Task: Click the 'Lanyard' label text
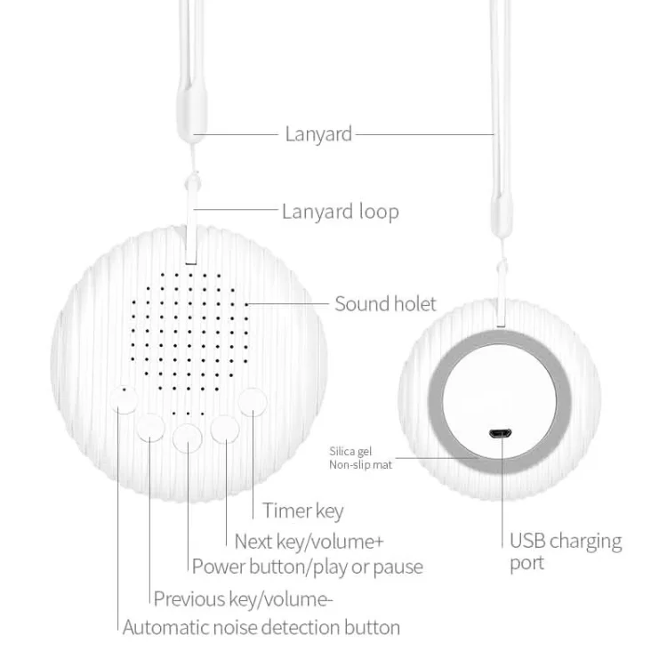[318, 134]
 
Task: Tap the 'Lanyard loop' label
[341, 212]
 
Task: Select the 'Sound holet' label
[385, 304]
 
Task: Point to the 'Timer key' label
[303, 510]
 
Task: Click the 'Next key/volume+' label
[309, 542]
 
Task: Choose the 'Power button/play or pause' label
[308, 567]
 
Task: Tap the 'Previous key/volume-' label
[243, 599]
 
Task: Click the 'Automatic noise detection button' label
[261, 628]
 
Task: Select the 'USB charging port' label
[566, 551]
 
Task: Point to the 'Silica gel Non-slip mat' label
[360, 458]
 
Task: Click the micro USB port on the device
[500, 434]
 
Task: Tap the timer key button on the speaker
[253, 402]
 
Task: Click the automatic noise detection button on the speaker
[124, 399]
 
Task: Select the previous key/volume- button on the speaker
[151, 427]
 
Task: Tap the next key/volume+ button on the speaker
[225, 430]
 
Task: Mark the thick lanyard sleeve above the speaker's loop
[192, 111]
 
